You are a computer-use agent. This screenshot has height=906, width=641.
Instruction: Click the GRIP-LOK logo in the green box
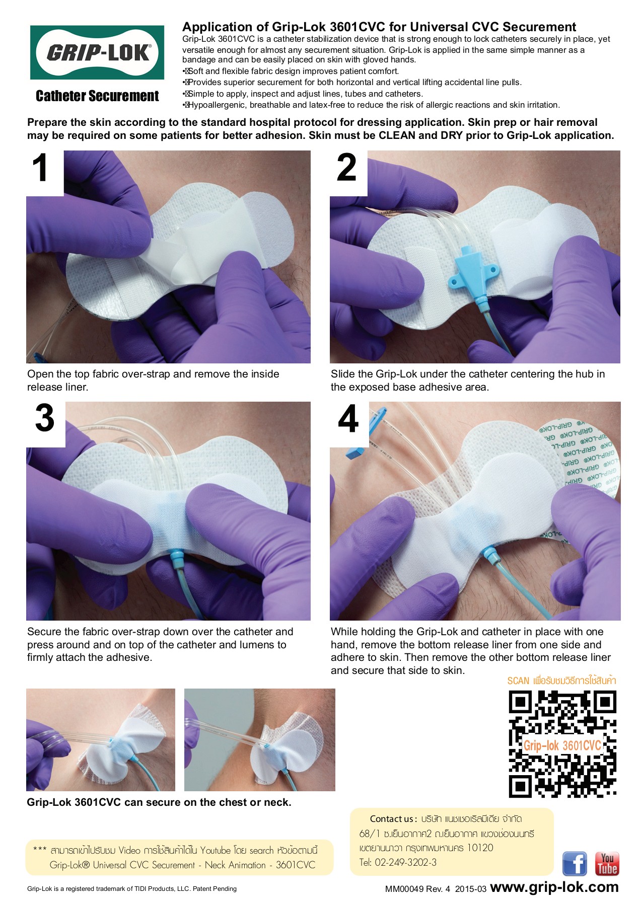[x=98, y=52]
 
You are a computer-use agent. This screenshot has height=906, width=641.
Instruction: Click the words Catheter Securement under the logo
[x=97, y=96]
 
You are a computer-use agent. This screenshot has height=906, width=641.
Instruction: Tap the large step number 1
[x=41, y=169]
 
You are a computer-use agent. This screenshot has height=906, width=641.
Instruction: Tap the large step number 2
[x=346, y=168]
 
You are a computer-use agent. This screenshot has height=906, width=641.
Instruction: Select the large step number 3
[x=44, y=419]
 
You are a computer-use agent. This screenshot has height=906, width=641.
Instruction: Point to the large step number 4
[x=348, y=419]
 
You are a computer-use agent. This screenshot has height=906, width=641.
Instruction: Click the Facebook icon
[x=574, y=864]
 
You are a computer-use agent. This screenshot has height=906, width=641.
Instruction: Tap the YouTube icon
[x=607, y=864]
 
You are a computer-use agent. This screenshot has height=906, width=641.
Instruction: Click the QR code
[x=562, y=744]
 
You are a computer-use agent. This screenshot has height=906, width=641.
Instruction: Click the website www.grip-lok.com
[x=554, y=887]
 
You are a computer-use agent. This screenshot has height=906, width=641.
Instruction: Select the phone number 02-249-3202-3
[x=405, y=862]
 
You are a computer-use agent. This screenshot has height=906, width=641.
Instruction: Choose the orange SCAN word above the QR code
[x=518, y=681]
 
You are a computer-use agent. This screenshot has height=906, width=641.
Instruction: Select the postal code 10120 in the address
[x=480, y=848]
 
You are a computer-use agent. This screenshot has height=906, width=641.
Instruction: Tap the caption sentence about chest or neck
[x=159, y=802]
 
